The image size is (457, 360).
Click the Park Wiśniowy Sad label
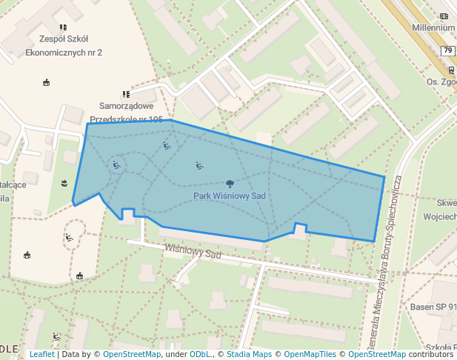tap(229, 196)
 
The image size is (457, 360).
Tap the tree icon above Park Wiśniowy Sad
tap(230, 183)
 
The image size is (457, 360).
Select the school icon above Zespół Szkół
tap(64, 27)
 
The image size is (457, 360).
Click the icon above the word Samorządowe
tap(127, 94)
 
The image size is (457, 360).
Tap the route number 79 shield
tap(447, 50)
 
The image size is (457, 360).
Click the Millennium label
tap(436, 27)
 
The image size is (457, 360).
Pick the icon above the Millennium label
tap(444, 16)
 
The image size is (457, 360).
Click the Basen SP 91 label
tap(432, 307)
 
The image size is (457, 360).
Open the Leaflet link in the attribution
tap(41, 354)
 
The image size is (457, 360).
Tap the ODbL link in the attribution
tap(201, 354)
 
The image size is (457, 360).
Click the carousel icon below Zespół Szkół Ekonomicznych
tap(47, 82)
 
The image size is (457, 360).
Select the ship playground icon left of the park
tap(65, 182)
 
